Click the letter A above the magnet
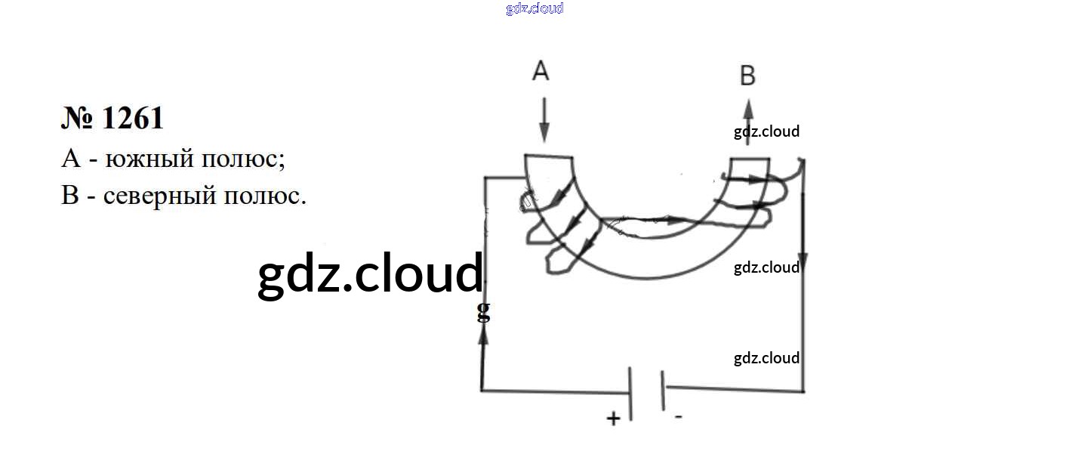click(541, 71)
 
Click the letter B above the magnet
click(747, 76)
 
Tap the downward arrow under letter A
click(545, 125)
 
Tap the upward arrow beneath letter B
click(747, 113)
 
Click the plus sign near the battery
click(614, 417)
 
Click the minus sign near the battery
click(679, 416)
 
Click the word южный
click(153, 159)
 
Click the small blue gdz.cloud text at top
click(534, 9)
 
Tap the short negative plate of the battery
click(663, 389)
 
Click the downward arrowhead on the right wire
click(803, 261)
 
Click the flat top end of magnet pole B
click(749, 159)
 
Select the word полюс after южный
click(243, 159)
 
